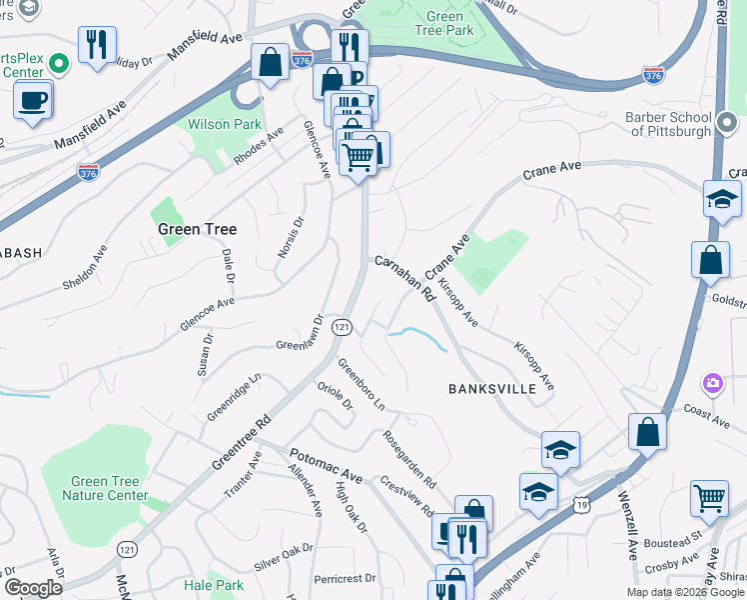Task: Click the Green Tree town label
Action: (x=197, y=229)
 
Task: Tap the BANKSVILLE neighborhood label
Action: (x=492, y=388)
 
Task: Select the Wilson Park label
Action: (x=225, y=126)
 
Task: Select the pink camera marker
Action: (x=713, y=382)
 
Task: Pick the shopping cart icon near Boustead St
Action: (x=709, y=497)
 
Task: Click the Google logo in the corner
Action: (x=33, y=588)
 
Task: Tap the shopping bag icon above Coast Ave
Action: (x=648, y=432)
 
